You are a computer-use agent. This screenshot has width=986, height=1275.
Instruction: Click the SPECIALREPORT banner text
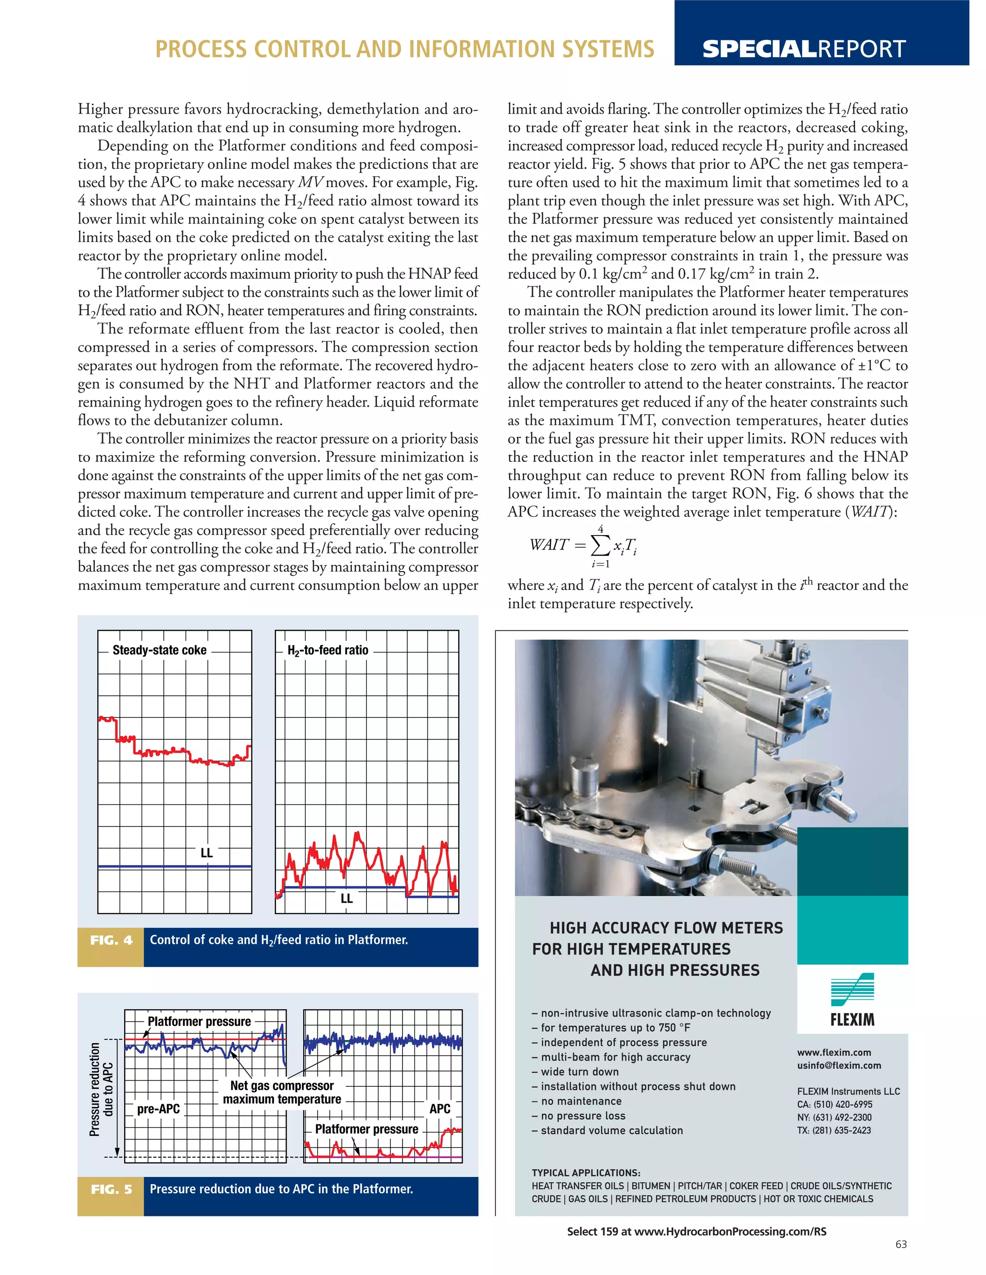click(804, 49)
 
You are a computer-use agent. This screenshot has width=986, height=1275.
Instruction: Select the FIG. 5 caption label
click(111, 1189)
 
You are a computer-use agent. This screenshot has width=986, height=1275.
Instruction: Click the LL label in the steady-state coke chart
click(207, 853)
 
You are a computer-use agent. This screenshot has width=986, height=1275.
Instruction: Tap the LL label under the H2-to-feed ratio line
click(346, 898)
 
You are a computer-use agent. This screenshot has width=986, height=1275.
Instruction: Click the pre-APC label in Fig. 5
click(158, 1109)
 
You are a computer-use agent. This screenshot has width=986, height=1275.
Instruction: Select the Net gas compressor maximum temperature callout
click(282, 1092)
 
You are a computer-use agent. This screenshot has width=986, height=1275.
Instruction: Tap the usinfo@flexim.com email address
click(839, 1065)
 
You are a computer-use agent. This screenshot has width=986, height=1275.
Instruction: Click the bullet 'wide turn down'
click(575, 1072)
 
